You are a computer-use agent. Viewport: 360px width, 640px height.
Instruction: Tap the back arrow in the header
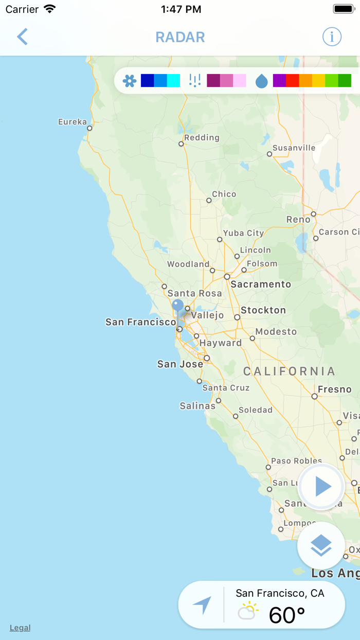22,37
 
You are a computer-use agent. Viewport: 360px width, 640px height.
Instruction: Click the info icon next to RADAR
332,37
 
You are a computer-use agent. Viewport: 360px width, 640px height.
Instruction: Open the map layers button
321,545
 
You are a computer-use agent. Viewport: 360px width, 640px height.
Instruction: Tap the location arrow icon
202,605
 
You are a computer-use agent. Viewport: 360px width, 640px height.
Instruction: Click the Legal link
20,628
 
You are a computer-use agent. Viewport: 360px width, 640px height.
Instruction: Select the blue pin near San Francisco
177,306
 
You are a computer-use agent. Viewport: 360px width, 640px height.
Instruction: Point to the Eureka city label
73,122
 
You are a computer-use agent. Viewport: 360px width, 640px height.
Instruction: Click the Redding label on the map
202,137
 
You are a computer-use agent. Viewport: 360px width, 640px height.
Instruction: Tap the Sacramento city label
261,284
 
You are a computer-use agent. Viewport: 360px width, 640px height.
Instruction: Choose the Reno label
298,220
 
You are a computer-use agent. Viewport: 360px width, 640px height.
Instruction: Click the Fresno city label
334,389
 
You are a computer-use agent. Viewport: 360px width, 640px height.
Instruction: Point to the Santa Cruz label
226,388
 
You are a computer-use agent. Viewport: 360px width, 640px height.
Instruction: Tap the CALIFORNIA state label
289,371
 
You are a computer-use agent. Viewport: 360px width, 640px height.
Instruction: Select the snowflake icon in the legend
130,81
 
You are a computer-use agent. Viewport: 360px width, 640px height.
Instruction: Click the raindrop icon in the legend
262,81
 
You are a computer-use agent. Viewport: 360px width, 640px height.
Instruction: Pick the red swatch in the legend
292,81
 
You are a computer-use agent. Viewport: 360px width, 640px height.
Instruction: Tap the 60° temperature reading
287,615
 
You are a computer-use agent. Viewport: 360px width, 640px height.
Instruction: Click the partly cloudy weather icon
248,611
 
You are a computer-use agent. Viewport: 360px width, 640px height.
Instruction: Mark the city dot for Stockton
237,317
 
